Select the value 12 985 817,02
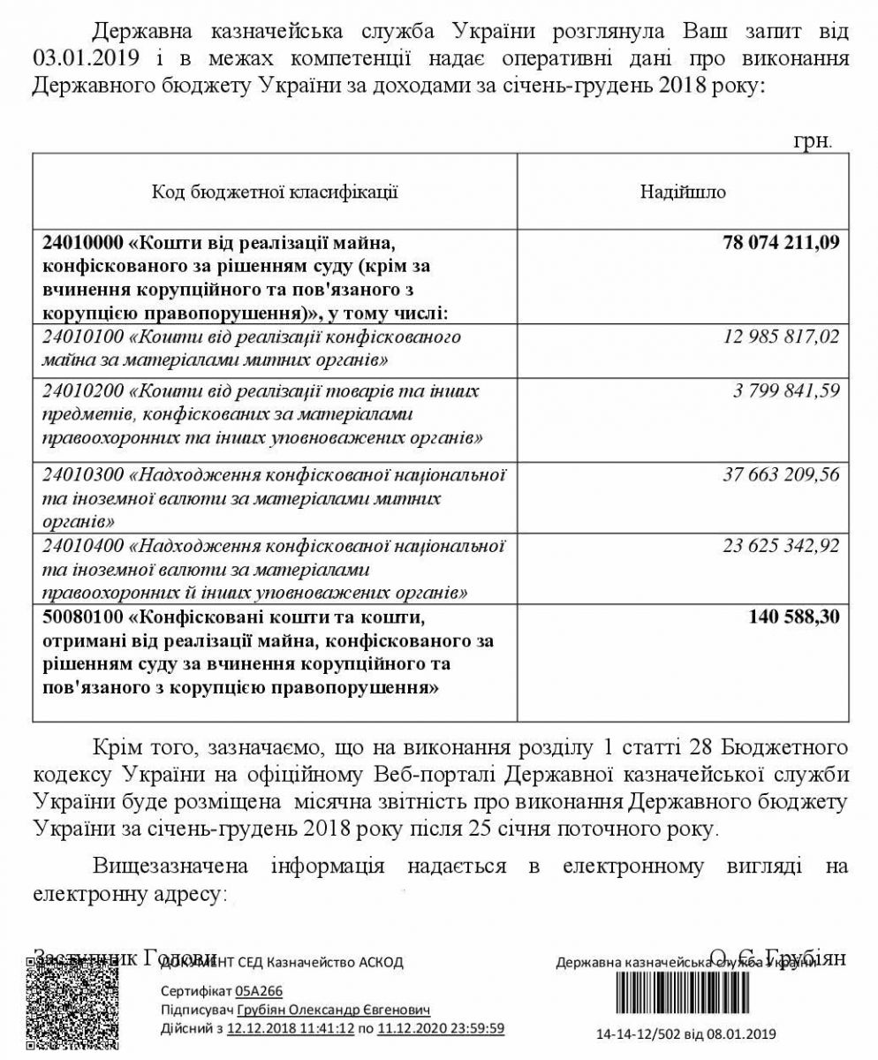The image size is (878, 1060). pos(781,337)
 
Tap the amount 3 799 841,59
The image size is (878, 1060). pos(786,390)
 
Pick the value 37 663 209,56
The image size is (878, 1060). pos(781,475)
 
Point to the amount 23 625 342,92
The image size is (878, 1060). pos(781,545)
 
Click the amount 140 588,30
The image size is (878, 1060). pos(793,617)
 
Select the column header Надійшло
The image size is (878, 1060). pos(683,192)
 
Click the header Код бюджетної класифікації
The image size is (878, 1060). pos(275,192)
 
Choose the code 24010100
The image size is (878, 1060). pos(82,337)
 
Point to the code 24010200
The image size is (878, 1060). pos(82,391)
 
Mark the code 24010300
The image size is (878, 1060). pos(82,475)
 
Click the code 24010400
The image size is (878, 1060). pos(82,545)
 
